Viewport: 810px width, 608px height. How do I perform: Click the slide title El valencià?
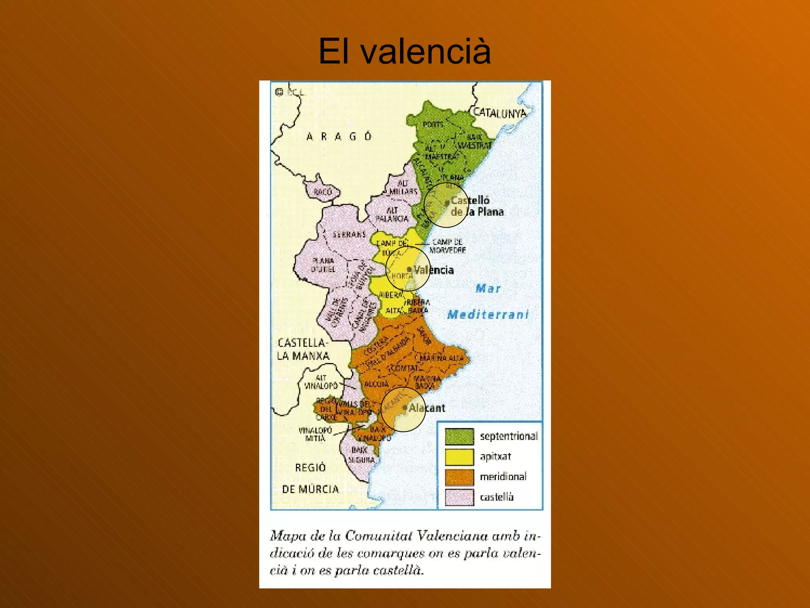(x=405, y=51)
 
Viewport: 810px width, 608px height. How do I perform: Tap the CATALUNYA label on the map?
(x=500, y=113)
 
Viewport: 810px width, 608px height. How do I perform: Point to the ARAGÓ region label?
(x=339, y=137)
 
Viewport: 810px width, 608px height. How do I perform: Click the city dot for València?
(x=409, y=270)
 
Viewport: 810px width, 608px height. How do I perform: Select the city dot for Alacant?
(x=405, y=407)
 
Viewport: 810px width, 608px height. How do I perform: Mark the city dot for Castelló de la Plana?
(x=447, y=203)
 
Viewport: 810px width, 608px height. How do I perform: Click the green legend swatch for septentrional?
(x=459, y=436)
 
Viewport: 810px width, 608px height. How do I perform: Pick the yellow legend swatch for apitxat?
(x=459, y=457)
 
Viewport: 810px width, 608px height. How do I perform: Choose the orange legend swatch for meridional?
(x=459, y=477)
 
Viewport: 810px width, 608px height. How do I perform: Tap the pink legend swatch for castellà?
(x=459, y=497)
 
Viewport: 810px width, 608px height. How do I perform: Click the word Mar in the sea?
(x=488, y=289)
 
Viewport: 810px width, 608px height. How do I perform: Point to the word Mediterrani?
(x=488, y=315)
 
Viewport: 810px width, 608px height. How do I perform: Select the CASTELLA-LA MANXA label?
(x=303, y=349)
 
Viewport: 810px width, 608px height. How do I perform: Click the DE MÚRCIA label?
(x=310, y=489)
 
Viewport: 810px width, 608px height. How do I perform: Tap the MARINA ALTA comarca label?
(x=441, y=358)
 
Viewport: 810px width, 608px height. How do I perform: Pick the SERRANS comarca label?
(x=349, y=234)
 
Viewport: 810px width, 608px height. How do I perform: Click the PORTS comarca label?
(x=433, y=124)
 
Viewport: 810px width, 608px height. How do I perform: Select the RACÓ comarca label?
(x=322, y=192)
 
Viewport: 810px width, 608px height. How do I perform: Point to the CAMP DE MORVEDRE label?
(x=448, y=246)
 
